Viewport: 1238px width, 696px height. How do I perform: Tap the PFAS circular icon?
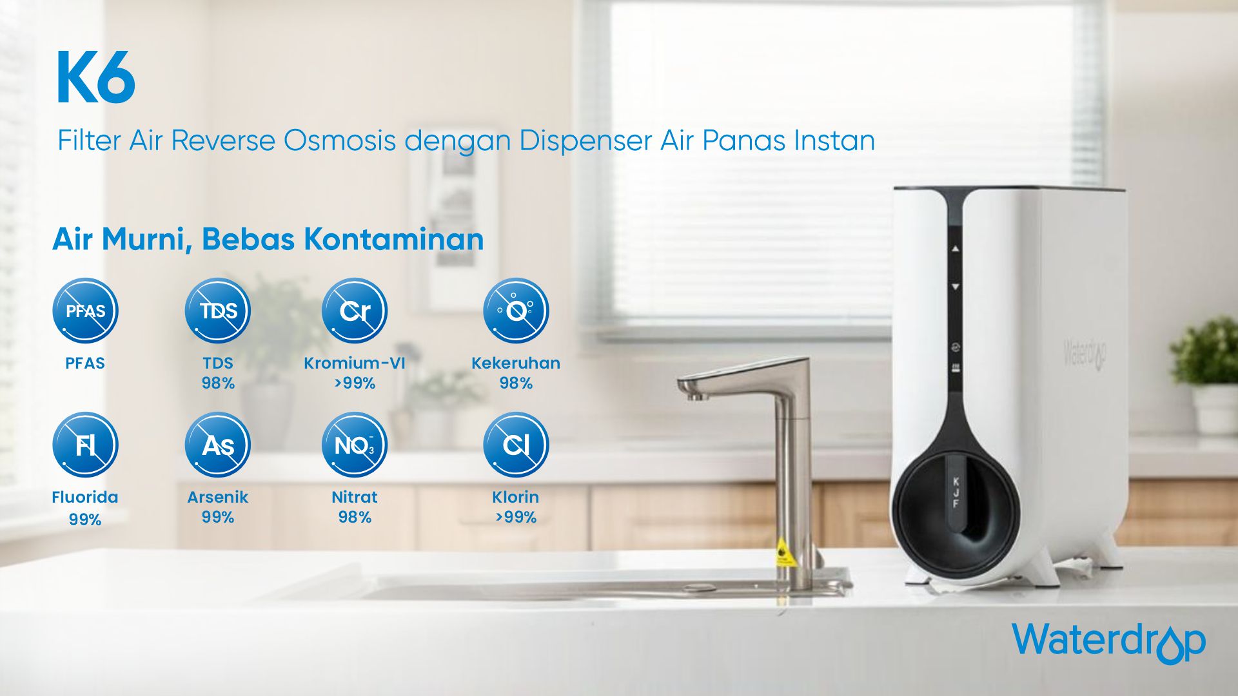(x=85, y=311)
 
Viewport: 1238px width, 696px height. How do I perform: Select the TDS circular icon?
(x=218, y=311)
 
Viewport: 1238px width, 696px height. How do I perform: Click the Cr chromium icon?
(x=355, y=311)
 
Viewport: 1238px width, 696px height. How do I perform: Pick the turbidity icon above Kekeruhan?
(x=516, y=311)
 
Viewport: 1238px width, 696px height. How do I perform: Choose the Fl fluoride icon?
(x=85, y=445)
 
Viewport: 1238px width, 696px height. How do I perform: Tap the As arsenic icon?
(x=218, y=445)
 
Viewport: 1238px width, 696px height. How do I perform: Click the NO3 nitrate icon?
(x=355, y=445)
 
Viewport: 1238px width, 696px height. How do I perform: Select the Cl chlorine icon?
(x=516, y=445)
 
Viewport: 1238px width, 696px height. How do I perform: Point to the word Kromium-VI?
(x=355, y=363)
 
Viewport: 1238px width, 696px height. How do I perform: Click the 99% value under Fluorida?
(x=85, y=519)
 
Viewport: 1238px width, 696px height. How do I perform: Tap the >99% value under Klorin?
(x=516, y=517)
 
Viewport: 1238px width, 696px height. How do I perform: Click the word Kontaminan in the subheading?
(x=393, y=239)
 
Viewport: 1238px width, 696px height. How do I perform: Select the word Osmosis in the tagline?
(x=339, y=140)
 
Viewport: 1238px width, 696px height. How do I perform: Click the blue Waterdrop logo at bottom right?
(x=1108, y=642)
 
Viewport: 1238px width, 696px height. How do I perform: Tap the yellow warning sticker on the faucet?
(x=783, y=552)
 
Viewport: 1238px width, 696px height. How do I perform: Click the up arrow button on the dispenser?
(x=956, y=249)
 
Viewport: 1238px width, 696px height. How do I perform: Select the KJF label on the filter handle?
(x=956, y=492)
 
